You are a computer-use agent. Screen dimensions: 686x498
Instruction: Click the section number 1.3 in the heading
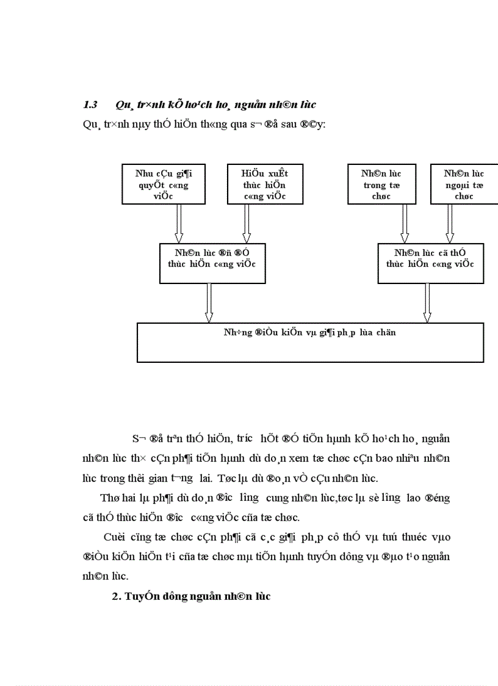point(90,104)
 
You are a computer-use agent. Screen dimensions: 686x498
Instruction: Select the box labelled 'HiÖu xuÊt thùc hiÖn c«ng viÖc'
point(265,184)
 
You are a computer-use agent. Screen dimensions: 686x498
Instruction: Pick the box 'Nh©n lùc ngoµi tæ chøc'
point(464,184)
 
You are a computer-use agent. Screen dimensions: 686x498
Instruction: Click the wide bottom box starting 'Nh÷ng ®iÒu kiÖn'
point(310,343)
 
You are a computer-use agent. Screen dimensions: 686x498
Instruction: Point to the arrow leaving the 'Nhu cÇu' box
point(179,224)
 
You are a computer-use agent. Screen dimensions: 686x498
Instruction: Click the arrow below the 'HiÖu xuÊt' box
point(247,224)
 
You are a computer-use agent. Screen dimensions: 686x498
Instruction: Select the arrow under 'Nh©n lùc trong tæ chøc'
point(404,224)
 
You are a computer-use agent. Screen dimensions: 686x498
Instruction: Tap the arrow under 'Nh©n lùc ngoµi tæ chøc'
point(450,224)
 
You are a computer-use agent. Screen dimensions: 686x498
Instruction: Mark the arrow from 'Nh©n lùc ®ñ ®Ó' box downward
point(209,303)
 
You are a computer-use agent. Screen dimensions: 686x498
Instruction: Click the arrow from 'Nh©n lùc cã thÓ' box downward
point(427,303)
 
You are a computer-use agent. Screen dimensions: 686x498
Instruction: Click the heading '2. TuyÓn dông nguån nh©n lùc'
point(191,597)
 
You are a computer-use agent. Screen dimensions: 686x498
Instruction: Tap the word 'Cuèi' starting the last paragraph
point(114,537)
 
